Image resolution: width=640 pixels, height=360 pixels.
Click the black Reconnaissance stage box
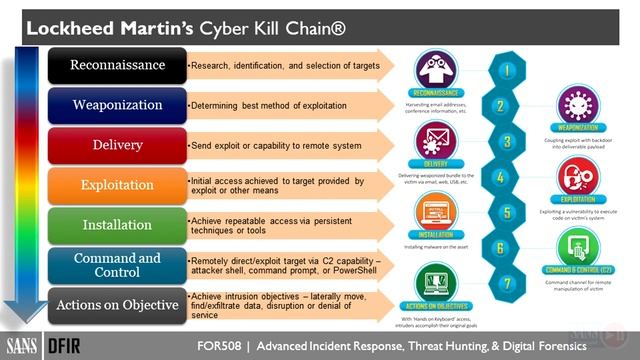(117, 65)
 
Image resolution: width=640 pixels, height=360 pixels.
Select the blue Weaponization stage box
(117, 105)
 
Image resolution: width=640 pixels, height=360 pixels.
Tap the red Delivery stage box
(117, 145)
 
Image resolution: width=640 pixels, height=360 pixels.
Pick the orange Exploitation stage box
(117, 185)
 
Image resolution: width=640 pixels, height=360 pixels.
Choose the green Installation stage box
(117, 225)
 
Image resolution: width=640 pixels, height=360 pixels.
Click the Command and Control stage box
(117, 265)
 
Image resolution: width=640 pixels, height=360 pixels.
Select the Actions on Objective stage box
(117, 305)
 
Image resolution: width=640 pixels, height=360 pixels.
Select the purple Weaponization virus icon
(577, 105)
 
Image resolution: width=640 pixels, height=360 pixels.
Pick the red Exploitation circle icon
(577, 175)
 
